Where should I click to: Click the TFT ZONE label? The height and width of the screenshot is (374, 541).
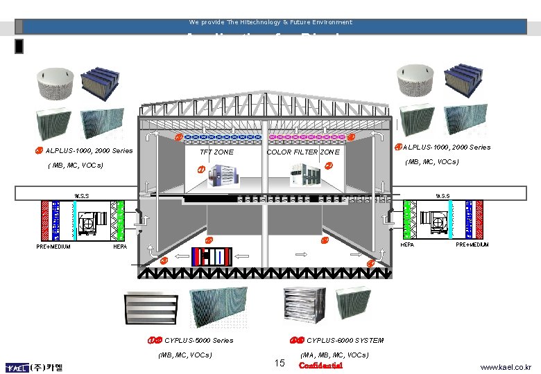click(x=216, y=152)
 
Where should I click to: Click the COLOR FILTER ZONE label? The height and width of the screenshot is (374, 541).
click(x=303, y=152)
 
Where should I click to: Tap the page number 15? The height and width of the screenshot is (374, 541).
click(x=280, y=364)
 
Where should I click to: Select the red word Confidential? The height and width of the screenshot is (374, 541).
click(x=320, y=365)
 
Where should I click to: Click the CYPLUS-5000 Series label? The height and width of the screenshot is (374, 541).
click(x=199, y=341)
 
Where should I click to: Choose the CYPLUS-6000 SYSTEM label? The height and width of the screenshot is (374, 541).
click(x=345, y=341)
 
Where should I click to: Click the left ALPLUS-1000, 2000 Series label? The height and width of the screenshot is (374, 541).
click(x=89, y=151)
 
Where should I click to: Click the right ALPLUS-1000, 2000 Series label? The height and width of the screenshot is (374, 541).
click(x=446, y=147)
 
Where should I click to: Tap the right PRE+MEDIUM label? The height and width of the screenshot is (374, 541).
click(x=472, y=244)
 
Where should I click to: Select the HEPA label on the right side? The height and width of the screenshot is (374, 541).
click(x=409, y=244)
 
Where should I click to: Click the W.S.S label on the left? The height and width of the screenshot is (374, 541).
click(x=81, y=196)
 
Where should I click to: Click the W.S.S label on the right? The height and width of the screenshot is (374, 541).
click(x=442, y=196)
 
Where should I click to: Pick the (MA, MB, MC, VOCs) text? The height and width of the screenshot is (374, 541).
click(x=334, y=355)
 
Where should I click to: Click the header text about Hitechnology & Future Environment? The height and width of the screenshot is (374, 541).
click(x=270, y=22)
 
